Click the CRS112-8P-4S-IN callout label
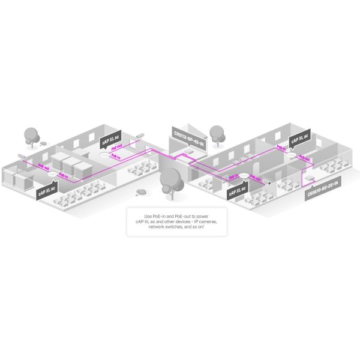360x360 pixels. click(x=188, y=136)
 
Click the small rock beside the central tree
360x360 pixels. click(x=142, y=191)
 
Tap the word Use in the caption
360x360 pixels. click(x=149, y=215)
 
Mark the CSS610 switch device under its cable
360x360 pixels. click(x=308, y=178)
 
